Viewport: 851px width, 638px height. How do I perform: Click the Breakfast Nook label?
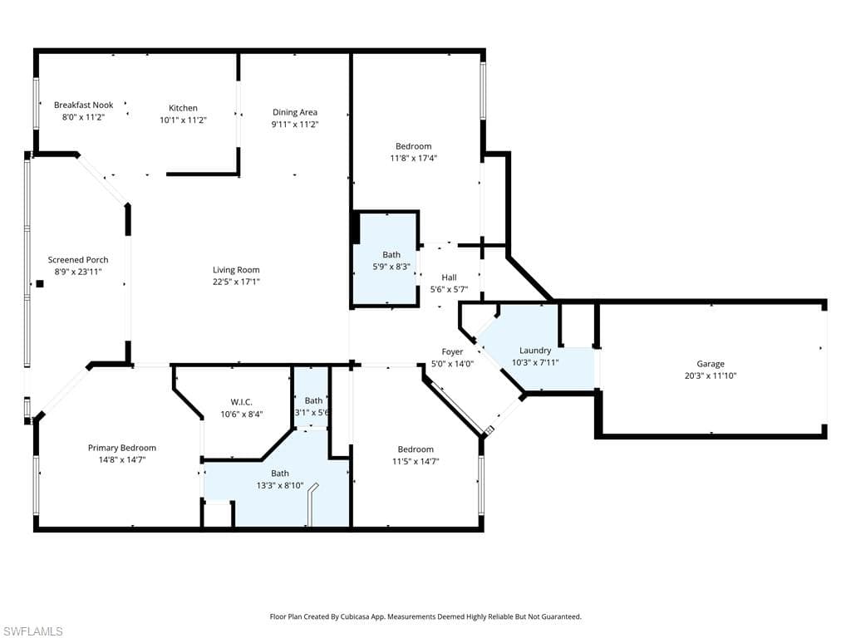(x=83, y=106)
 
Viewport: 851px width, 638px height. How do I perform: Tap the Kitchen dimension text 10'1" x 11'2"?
(x=183, y=120)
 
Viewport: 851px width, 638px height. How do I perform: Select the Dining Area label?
(x=295, y=112)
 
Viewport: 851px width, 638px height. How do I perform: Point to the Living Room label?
(x=236, y=269)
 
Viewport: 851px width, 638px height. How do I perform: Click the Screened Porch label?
(x=78, y=260)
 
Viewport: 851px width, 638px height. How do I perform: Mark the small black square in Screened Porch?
(x=40, y=283)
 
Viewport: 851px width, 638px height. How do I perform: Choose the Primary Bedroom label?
(x=122, y=448)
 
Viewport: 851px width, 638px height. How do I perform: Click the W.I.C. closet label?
(x=241, y=402)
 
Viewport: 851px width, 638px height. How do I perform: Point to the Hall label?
(x=449, y=277)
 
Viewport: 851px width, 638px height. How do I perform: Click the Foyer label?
(x=452, y=352)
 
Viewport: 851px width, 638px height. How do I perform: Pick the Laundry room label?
(x=535, y=351)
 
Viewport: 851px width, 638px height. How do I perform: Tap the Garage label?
(x=711, y=364)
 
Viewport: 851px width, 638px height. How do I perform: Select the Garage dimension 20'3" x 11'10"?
(x=711, y=375)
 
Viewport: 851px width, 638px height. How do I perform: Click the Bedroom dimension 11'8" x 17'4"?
(x=414, y=158)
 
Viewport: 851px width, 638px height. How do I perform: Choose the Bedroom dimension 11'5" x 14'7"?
(x=416, y=461)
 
